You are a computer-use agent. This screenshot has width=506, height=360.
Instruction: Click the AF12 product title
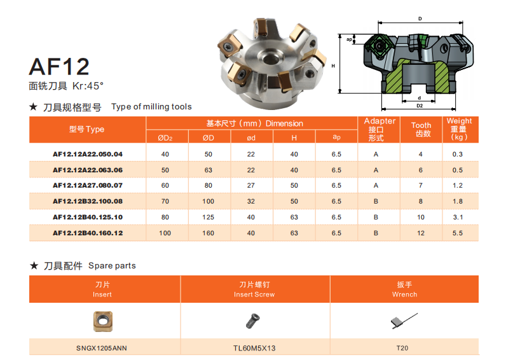click(59, 67)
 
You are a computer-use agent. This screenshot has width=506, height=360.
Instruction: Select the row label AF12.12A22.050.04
click(88, 155)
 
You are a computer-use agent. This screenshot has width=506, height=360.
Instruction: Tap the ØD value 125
click(208, 218)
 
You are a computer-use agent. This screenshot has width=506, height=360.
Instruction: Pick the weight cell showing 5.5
click(458, 233)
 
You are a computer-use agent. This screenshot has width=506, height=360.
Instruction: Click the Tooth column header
click(421, 130)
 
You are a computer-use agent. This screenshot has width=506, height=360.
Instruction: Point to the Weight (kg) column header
click(459, 129)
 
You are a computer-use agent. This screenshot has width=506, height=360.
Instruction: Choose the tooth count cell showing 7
click(420, 186)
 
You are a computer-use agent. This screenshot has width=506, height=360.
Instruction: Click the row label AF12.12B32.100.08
click(88, 202)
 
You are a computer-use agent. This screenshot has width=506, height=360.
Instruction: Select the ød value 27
click(250, 186)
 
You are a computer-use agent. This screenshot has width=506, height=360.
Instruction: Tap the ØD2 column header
click(165, 138)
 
